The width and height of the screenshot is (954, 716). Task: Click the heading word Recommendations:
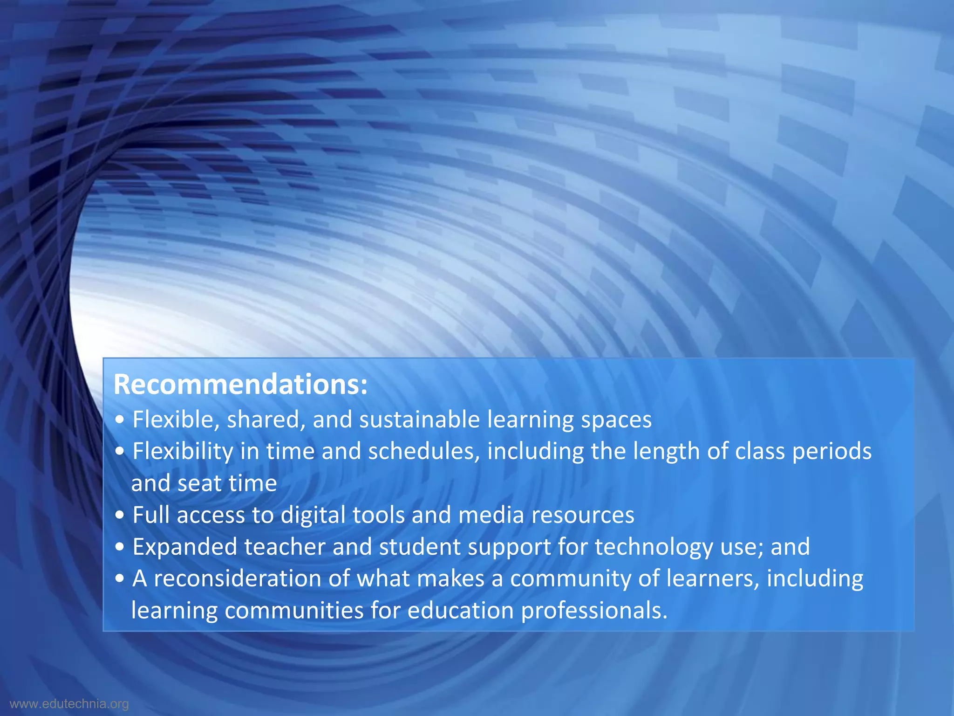240,385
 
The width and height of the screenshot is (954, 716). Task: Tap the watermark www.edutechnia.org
69,704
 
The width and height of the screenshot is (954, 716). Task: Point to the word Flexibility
183,452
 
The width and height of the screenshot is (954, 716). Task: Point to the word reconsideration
238,579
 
